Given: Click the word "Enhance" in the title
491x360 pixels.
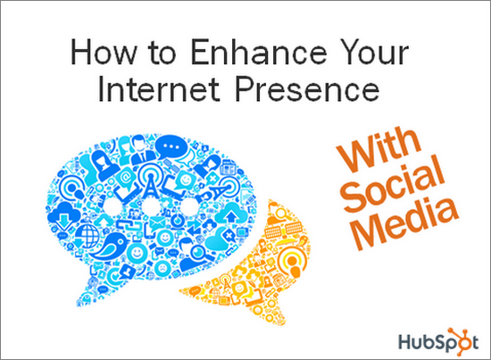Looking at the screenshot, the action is tap(259, 52).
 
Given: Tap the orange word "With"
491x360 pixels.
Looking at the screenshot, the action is tap(379, 148).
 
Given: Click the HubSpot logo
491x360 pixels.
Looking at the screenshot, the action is tap(438, 341).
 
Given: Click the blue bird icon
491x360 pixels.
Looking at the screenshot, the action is tap(109, 246).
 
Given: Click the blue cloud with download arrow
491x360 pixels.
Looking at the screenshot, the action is tap(65, 215).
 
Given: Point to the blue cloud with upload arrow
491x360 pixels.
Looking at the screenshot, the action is tap(231, 213).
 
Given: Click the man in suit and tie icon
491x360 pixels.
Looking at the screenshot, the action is tap(140, 150).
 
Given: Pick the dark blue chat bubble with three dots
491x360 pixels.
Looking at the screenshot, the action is tap(171, 147).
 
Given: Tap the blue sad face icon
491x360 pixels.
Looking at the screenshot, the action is tap(162, 269).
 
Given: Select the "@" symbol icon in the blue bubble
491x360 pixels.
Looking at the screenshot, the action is tap(126, 178).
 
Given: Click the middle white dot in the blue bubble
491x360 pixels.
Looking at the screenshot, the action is tap(151, 205).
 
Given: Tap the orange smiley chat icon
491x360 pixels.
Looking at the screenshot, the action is tap(239, 289).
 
